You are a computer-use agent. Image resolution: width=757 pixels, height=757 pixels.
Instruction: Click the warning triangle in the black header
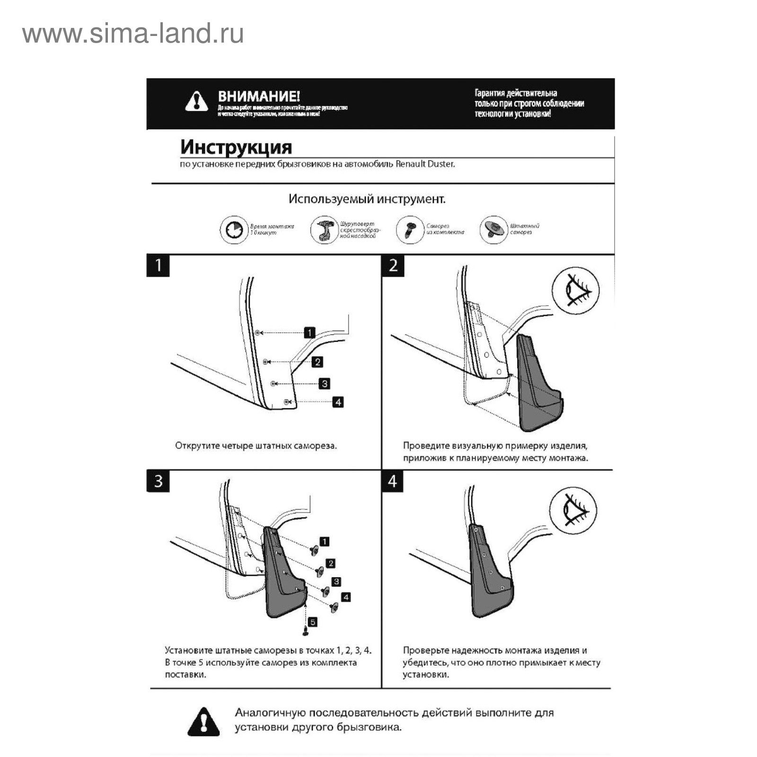(196, 102)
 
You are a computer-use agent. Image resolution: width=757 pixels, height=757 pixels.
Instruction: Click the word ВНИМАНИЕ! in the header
(259, 97)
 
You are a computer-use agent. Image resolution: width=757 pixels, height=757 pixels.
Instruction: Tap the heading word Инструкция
(236, 147)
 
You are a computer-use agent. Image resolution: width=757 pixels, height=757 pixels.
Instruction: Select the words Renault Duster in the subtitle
(425, 164)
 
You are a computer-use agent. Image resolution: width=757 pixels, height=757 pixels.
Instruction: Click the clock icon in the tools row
(234, 230)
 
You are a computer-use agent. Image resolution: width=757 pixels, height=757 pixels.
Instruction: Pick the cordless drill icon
(324, 230)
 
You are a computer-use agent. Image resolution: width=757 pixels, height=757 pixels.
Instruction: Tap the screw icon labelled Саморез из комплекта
(409, 230)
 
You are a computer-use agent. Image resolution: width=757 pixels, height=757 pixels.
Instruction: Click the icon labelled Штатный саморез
(493, 230)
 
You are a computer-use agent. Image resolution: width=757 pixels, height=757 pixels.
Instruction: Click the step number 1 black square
(158, 265)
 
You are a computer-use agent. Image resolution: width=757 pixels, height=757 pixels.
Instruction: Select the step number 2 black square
(393, 265)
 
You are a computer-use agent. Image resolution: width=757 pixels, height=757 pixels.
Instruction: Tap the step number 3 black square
(158, 481)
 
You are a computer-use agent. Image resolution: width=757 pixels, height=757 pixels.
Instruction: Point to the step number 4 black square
(393, 481)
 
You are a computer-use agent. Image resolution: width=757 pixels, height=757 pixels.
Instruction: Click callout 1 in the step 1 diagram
(309, 333)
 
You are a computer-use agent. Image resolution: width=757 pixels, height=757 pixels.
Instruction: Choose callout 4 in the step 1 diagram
(338, 402)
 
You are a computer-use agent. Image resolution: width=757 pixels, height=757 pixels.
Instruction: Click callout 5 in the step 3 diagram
(312, 622)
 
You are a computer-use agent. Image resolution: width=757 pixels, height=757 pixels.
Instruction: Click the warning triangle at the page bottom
(203, 722)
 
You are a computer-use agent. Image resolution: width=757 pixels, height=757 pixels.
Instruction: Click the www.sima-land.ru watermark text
(133, 34)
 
